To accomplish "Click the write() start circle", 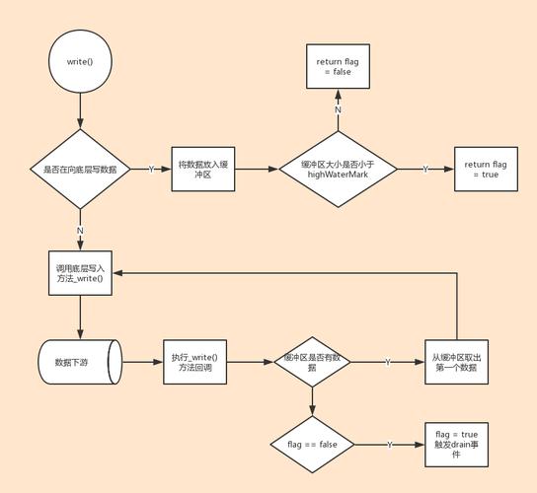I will (79, 61).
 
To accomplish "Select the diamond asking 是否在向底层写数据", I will (79, 170).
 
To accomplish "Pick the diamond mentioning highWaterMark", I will (338, 169).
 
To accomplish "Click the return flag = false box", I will (337, 66).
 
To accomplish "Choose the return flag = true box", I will (485, 169).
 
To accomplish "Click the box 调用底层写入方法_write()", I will (80, 273).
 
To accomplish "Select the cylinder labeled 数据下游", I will (79, 362).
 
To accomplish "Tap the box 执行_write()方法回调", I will (193, 362).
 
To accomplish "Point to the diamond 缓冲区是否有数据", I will (312, 362).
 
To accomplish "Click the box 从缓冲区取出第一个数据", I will (458, 362).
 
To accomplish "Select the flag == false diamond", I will (312, 445).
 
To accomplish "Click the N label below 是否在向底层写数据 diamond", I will (80, 230).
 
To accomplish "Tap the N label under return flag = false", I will (338, 109).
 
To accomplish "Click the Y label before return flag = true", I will (425, 169).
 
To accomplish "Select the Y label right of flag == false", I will (389, 445).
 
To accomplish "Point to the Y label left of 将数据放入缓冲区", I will (151, 169).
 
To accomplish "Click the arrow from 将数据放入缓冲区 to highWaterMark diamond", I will (255, 169).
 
